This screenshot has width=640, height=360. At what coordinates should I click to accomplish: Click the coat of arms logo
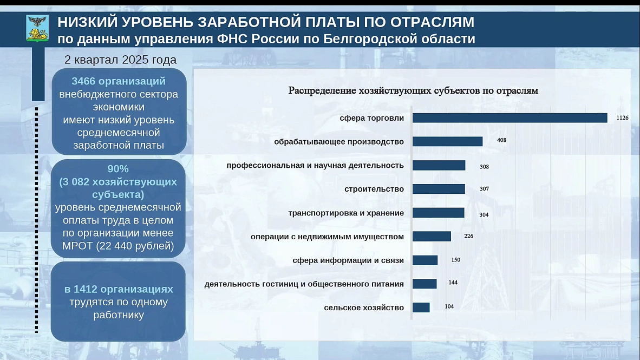click(x=37, y=29)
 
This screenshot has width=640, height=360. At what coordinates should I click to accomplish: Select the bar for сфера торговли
click(x=510, y=118)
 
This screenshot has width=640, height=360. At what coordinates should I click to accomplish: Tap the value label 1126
click(x=622, y=118)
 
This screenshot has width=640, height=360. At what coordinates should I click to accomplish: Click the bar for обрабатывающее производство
click(x=447, y=141)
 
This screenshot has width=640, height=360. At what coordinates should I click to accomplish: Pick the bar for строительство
click(x=439, y=189)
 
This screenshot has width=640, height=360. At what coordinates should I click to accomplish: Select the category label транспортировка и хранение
click(x=346, y=213)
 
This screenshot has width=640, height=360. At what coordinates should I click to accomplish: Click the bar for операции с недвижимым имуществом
click(x=432, y=237)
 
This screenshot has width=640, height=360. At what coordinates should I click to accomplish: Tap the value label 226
click(x=468, y=236)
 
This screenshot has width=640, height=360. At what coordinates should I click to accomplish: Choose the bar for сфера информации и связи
click(x=425, y=260)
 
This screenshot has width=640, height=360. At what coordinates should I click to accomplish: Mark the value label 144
click(x=453, y=283)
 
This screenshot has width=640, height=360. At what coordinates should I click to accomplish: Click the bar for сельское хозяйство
click(x=421, y=307)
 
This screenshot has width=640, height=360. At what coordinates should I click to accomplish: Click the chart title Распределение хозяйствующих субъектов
click(x=413, y=90)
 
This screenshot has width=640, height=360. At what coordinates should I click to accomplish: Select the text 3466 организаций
click(x=119, y=81)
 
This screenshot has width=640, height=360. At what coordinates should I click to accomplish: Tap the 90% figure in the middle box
click(x=118, y=168)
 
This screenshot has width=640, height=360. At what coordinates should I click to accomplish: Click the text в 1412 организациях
click(x=118, y=289)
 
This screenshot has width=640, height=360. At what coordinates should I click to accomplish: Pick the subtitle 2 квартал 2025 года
click(x=120, y=60)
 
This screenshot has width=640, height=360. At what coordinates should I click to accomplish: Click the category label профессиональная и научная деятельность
click(x=315, y=165)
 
